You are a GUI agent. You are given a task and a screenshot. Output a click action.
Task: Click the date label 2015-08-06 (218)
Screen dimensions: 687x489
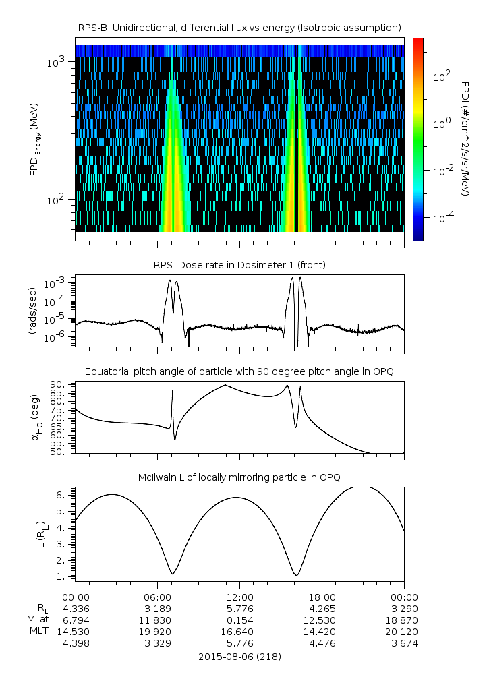pos(240,656)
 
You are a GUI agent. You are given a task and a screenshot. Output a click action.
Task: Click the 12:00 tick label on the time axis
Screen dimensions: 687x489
pos(239,597)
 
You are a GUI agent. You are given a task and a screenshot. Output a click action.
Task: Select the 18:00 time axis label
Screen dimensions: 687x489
pos(322,597)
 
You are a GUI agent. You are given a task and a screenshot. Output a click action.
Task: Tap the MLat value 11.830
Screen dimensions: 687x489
pos(157,620)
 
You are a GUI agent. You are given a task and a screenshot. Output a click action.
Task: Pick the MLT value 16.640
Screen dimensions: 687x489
pos(239,632)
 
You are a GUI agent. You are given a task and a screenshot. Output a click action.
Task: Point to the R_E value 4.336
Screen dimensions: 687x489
pos(76,609)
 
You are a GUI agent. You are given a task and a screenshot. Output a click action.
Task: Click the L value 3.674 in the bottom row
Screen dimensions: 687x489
pos(404,643)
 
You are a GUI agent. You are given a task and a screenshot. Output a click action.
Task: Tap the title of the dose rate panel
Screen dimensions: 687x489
pos(239,265)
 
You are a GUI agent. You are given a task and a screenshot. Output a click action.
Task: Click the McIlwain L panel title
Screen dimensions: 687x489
pos(239,477)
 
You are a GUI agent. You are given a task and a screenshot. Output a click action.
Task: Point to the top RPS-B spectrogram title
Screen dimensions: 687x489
pos(239,27)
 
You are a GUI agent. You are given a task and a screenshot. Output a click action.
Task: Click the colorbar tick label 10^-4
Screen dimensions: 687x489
pos(441,218)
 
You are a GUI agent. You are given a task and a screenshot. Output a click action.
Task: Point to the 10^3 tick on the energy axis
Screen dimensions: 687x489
pos(57,62)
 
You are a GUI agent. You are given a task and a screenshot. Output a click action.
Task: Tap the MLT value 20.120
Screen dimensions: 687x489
pos(404,632)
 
